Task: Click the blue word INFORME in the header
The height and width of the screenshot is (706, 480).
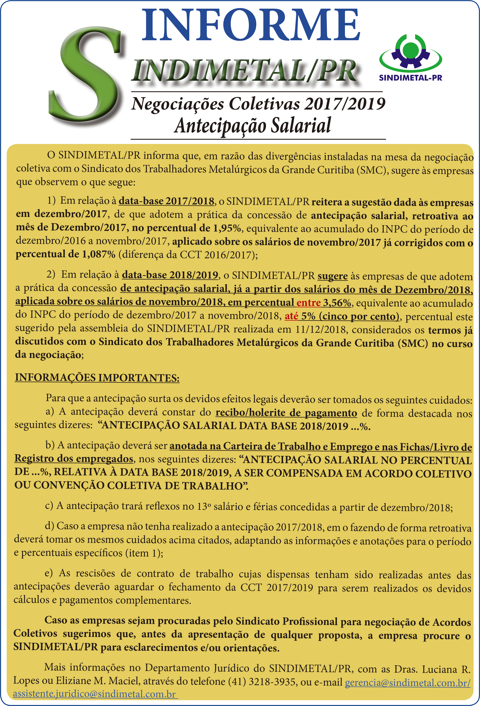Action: (251, 25)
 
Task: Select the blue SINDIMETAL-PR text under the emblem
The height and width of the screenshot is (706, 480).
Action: (411, 78)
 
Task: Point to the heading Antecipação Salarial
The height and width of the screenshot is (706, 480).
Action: (252, 125)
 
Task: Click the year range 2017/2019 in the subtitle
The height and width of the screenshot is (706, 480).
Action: (345, 104)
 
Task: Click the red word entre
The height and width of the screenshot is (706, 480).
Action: (308, 303)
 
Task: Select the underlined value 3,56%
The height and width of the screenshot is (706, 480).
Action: (337, 303)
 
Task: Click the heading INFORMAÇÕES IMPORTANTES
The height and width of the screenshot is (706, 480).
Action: (97, 378)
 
